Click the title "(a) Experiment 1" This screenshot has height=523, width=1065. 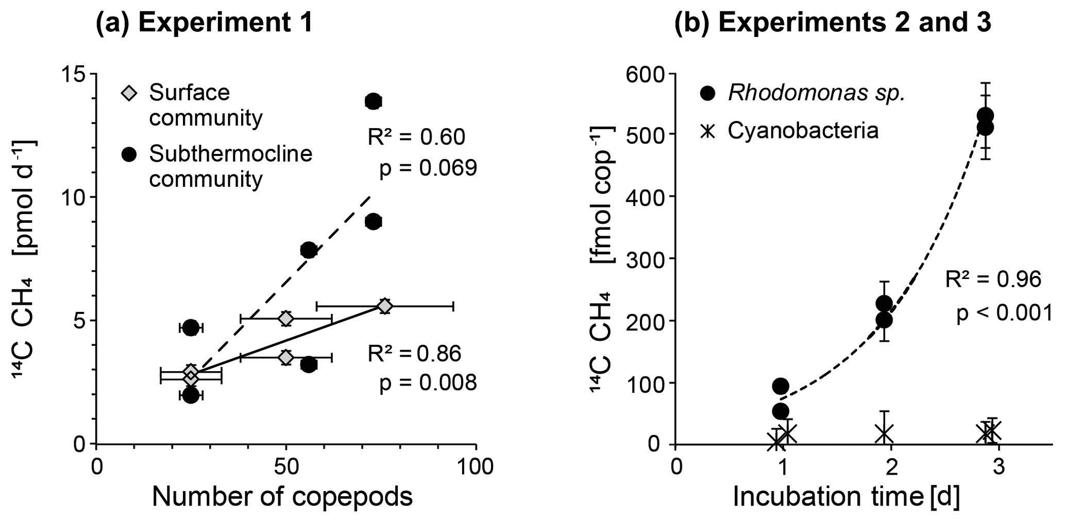pyautogui.click(x=204, y=24)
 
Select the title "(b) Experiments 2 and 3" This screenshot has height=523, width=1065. pyautogui.click(x=833, y=24)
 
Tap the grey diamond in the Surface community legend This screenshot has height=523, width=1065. pyautogui.click(x=129, y=94)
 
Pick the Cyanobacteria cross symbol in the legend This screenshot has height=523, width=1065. pyautogui.click(x=708, y=131)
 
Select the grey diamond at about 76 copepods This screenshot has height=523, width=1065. pyautogui.click(x=384, y=306)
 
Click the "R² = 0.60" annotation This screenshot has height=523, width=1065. pyautogui.click(x=416, y=137)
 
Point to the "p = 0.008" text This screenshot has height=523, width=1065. pyautogui.click(x=428, y=383)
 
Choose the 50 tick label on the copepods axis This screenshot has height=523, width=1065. pyautogui.click(x=285, y=467)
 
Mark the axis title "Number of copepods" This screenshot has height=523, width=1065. pyautogui.click(x=282, y=497)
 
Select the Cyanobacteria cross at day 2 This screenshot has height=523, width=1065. pyautogui.click(x=885, y=433)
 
